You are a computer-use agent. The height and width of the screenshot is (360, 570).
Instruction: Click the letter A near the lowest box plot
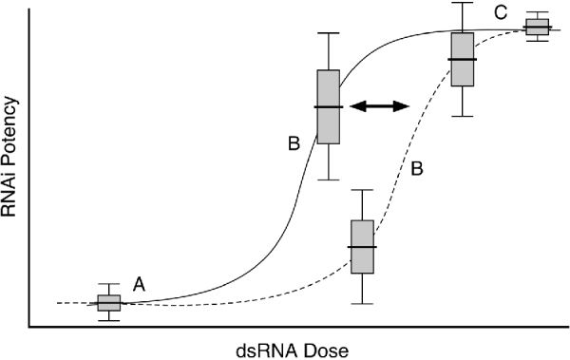click(139, 283)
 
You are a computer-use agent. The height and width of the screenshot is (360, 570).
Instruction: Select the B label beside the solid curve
click(293, 143)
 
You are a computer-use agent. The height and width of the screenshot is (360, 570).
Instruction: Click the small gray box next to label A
click(108, 303)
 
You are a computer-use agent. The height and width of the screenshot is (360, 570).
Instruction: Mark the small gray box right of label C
click(538, 27)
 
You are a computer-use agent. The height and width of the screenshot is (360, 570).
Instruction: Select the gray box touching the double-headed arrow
click(329, 106)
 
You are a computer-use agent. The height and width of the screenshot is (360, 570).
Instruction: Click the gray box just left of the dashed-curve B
click(363, 247)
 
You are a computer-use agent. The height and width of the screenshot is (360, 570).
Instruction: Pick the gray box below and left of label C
click(463, 59)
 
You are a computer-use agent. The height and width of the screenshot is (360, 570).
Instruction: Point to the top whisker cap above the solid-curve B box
click(329, 33)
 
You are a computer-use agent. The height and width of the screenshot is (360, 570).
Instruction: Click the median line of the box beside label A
click(108, 303)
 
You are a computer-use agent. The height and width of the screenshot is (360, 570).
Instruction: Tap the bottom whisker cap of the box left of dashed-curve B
click(363, 304)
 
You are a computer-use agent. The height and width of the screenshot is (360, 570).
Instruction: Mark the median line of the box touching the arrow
click(329, 106)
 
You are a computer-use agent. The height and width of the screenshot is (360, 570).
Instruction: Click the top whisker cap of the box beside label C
click(538, 12)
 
